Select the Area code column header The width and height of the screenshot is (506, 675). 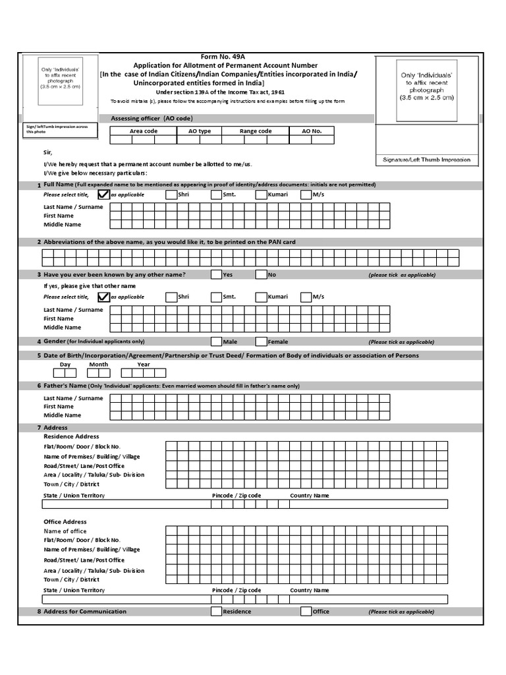(x=143, y=131)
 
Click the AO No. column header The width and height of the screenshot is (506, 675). (x=312, y=131)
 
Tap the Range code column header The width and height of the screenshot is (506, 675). (x=256, y=131)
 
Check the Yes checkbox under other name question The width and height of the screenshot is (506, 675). (x=216, y=275)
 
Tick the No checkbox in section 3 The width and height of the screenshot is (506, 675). (x=261, y=275)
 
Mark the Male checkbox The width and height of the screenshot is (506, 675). (x=216, y=341)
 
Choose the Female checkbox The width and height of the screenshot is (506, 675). (x=261, y=341)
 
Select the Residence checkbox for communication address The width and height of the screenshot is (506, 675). (x=216, y=612)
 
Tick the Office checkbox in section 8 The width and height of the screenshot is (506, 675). (x=306, y=612)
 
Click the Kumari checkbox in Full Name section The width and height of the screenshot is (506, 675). (x=261, y=194)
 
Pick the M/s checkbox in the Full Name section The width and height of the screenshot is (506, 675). (x=306, y=194)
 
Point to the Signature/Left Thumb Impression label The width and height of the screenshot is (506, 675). (x=426, y=160)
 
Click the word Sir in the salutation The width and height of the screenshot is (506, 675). (x=47, y=152)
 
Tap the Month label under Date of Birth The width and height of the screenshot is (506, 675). (x=99, y=365)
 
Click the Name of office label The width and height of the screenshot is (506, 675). (x=65, y=531)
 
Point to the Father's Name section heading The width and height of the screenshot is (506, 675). (x=65, y=385)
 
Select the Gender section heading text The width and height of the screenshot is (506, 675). (x=54, y=341)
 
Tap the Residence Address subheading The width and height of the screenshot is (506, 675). (x=71, y=436)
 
